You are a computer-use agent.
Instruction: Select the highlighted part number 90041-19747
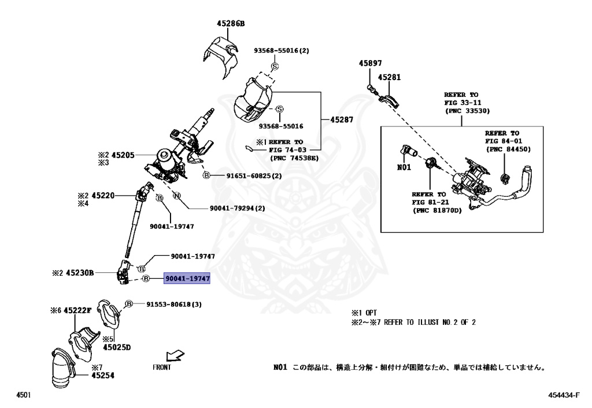click(x=188, y=279)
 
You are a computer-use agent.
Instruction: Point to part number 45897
click(x=370, y=63)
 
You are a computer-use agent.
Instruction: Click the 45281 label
click(x=390, y=77)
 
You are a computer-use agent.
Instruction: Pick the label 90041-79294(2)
click(x=229, y=208)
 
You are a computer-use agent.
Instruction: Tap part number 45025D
click(x=117, y=347)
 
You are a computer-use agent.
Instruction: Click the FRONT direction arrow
click(x=173, y=356)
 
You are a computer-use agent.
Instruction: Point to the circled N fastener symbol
click(x=177, y=196)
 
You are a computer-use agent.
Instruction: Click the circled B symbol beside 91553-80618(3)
click(x=129, y=304)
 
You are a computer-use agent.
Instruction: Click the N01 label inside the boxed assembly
click(x=404, y=169)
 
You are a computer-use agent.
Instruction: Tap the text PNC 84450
click(x=508, y=149)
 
